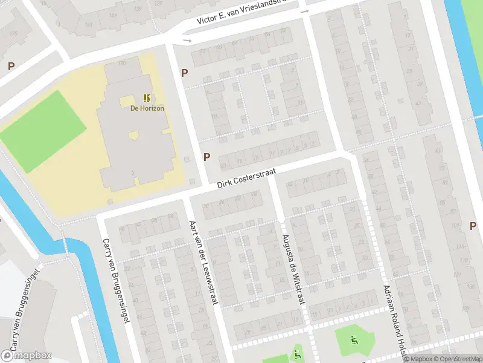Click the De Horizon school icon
pos(147,98)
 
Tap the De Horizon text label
pos(147,108)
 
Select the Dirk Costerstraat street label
pos(247,178)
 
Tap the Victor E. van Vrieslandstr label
pos(249,12)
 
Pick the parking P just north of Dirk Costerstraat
pos(206,157)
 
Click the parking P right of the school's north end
pos(184,73)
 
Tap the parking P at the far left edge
pos(11,66)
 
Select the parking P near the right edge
pos(473,226)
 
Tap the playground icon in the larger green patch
pos(354,341)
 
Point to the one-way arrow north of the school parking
pos(187,41)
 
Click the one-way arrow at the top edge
pos(304,11)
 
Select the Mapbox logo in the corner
pos(26,356)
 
